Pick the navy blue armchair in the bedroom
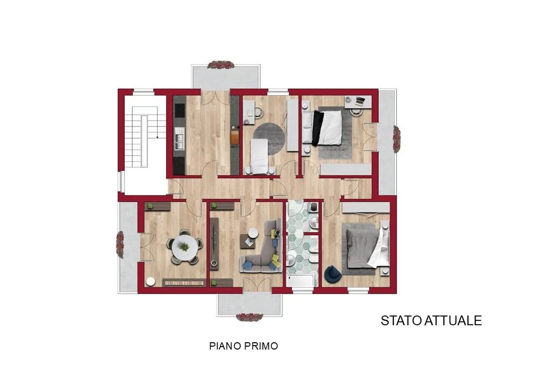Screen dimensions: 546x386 point(333,274)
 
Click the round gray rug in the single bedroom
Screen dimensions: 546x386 point(269,138)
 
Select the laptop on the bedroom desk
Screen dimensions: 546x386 point(360,101)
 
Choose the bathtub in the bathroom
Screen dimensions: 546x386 point(301,281)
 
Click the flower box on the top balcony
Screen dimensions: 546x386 point(221,65)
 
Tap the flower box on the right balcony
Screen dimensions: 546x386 point(397,139)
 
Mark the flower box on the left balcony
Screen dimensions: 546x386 point(120,245)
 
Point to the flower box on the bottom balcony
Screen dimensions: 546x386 point(249,317)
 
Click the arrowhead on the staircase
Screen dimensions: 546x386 point(158,137)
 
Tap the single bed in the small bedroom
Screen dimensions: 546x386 point(260,156)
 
